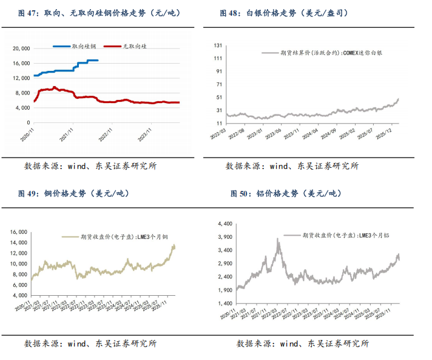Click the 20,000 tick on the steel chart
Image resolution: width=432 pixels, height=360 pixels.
(21, 48)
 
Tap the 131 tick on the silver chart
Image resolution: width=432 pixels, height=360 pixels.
(218, 44)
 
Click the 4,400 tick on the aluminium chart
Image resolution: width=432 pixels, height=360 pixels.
(225, 223)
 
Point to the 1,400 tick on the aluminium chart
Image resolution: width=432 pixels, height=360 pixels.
(225, 303)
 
